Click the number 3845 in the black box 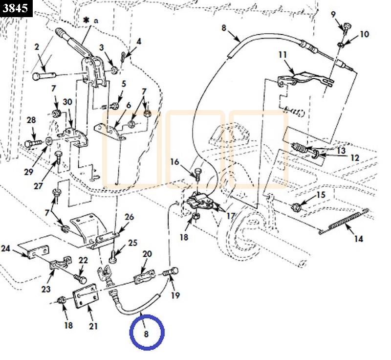(x=16, y=8)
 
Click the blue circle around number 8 (x=147, y=332)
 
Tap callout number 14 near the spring (x=359, y=239)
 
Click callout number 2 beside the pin (x=37, y=47)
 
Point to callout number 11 (x=282, y=55)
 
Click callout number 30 (x=67, y=102)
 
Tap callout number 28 (x=31, y=120)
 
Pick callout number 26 (x=129, y=217)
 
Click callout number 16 (x=174, y=162)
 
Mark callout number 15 (x=321, y=195)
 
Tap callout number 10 (x=365, y=34)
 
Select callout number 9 (x=333, y=14)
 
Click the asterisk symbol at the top (x=86, y=21)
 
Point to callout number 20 (x=147, y=254)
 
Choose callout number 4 (x=139, y=42)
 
